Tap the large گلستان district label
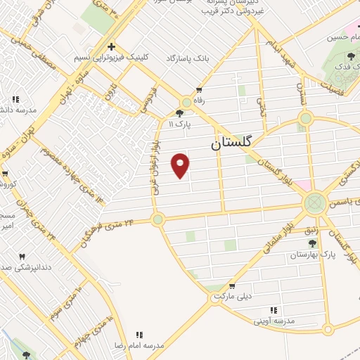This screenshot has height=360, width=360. click(x=235, y=143)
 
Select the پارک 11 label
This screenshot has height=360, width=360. click(x=181, y=124)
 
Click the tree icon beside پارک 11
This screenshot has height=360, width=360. click(x=180, y=112)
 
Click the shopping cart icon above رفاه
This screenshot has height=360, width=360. click(x=200, y=89)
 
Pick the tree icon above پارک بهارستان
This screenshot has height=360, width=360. click(x=312, y=243)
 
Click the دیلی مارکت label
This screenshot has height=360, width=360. click(x=235, y=296)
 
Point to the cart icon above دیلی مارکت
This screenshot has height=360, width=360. click(x=231, y=285)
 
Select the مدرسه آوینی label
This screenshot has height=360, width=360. click(x=276, y=321)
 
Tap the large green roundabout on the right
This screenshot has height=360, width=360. click(x=314, y=204)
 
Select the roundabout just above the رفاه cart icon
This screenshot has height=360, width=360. click(x=186, y=102)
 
